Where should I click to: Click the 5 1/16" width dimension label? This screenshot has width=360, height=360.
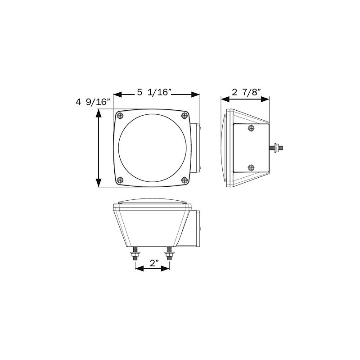click(155, 93)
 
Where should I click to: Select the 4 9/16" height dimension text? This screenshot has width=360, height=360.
click(93, 103)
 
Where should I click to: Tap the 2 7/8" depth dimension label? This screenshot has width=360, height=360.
click(245, 93)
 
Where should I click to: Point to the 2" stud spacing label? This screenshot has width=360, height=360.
click(153, 265)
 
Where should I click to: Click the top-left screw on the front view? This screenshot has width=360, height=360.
click(120, 116)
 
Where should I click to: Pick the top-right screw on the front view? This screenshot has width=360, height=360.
click(184, 116)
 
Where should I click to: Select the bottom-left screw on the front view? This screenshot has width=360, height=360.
click(120, 180)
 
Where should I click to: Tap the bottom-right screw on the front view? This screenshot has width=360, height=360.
click(184, 180)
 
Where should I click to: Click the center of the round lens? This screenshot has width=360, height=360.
click(152, 148)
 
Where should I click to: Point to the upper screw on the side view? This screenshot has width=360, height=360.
click(251, 129)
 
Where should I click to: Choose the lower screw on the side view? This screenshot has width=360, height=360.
click(251, 168)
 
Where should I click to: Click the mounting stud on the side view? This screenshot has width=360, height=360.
click(276, 147)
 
